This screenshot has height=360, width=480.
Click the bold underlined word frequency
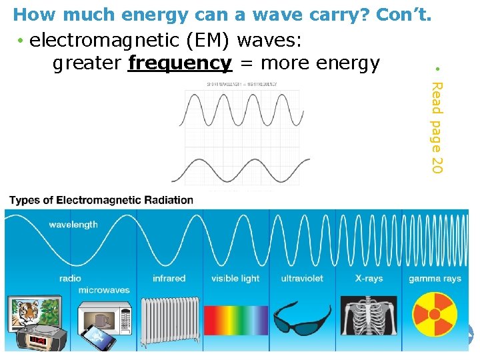pos(179,63)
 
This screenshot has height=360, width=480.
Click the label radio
pos(70,279)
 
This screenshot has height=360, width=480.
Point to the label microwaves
pos(104,291)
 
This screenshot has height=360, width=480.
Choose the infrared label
pos(169,279)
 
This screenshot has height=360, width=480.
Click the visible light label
pos(235,279)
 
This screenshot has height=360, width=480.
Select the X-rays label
pos(369,279)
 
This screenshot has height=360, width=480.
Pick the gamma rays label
pos(435,279)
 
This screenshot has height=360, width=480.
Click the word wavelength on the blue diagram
pos(73,225)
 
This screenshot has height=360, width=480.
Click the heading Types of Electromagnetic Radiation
pos(101,200)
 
